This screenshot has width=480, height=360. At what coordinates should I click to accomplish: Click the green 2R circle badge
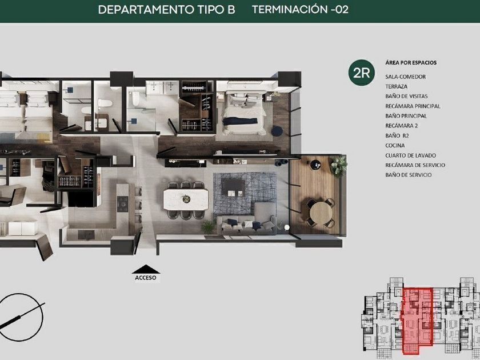click(x=362, y=73)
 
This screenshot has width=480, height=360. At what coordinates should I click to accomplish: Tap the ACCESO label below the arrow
click(x=145, y=278)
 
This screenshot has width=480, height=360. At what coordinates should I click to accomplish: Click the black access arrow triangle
click(x=146, y=269)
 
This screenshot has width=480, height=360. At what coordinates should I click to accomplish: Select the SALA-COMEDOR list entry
click(x=405, y=77)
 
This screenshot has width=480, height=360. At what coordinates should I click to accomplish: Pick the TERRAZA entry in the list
click(x=396, y=87)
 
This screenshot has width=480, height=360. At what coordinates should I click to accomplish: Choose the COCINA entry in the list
click(x=395, y=145)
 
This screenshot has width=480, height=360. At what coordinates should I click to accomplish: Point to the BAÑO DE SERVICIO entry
click(x=409, y=175)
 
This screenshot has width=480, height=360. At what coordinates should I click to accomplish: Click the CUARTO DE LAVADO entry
click(x=410, y=155)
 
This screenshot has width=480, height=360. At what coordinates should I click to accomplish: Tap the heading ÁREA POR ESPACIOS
click(x=411, y=62)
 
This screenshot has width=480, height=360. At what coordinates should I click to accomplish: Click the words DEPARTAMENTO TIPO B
click(x=166, y=10)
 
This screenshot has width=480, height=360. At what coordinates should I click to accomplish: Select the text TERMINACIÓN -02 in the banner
click(x=301, y=10)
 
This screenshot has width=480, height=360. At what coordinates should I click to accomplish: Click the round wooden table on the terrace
click(x=321, y=213)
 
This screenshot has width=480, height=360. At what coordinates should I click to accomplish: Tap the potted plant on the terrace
click(x=338, y=166)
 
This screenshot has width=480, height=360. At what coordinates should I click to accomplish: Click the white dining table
click(x=186, y=199)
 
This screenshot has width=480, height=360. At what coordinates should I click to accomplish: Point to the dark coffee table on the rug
click(x=233, y=187)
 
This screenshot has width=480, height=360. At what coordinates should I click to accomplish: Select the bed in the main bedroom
click(x=245, y=113)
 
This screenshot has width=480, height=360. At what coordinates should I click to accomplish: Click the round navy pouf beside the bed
click(x=277, y=131)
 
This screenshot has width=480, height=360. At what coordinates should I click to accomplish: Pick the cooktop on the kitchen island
click(x=122, y=204)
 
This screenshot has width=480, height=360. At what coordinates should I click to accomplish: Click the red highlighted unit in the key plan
click(x=417, y=320)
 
